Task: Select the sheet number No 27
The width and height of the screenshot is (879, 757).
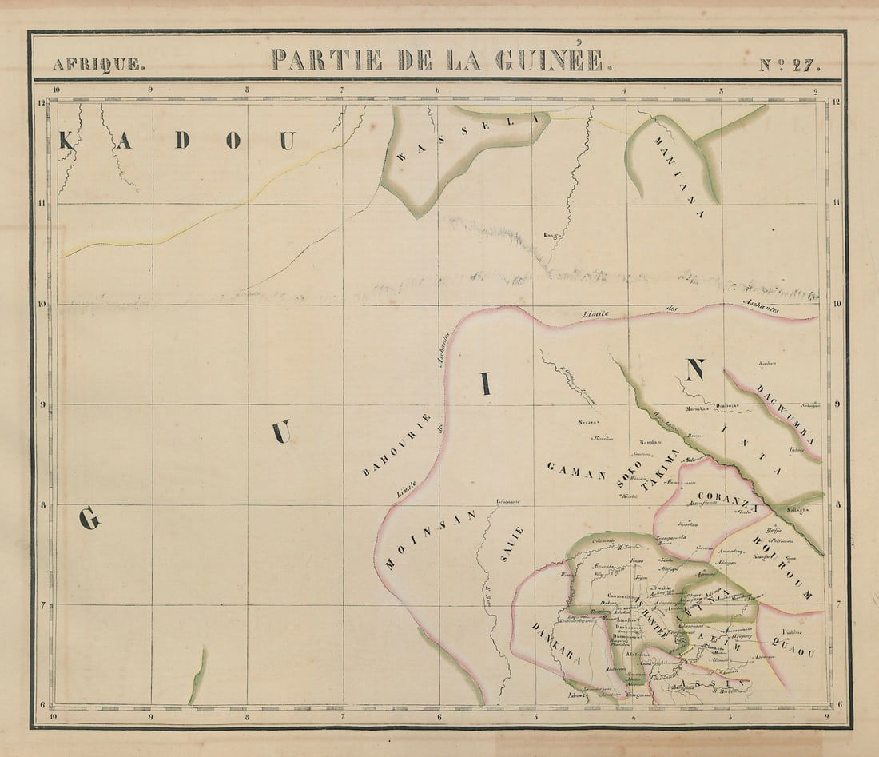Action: pyautogui.click(x=789, y=65)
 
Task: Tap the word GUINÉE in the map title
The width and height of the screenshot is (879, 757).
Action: pyautogui.click(x=551, y=60)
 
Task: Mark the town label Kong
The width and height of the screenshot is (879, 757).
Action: pyautogui.click(x=549, y=236)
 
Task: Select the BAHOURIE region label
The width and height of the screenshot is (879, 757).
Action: pyautogui.click(x=397, y=445)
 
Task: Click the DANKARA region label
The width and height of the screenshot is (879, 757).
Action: pyautogui.click(x=555, y=643)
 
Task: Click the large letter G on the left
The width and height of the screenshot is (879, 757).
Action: pyautogui.click(x=89, y=520)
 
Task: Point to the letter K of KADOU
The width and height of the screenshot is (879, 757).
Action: pyautogui.click(x=66, y=141)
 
